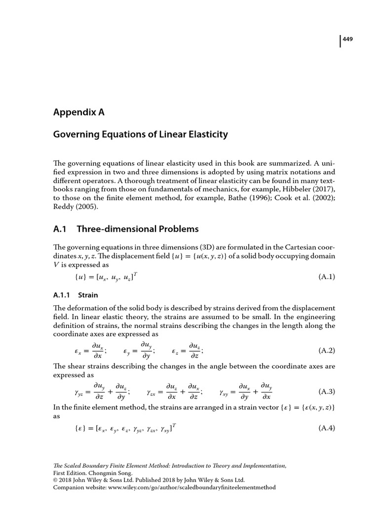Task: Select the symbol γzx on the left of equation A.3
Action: click(151, 393)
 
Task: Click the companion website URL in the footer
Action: click(188, 487)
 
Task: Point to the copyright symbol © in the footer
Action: click(55, 479)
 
